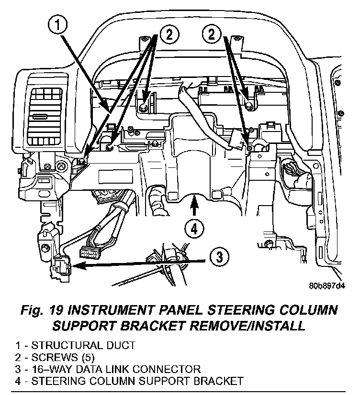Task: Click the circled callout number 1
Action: (58, 26)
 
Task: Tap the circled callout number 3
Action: (220, 257)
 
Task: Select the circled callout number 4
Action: (194, 230)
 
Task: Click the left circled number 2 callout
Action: (169, 34)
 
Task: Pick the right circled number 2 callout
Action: (212, 34)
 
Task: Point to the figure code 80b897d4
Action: (327, 286)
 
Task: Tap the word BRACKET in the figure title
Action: (153, 326)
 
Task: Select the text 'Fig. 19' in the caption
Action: (42, 310)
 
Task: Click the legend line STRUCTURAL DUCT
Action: (75, 345)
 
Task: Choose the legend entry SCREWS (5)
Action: (55, 358)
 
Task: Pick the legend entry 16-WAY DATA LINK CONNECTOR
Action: (108, 369)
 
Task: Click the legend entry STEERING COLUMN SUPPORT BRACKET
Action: (129, 381)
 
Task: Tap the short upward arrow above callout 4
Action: (194, 205)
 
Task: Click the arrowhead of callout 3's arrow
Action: (78, 265)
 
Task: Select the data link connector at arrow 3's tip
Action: (61, 268)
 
